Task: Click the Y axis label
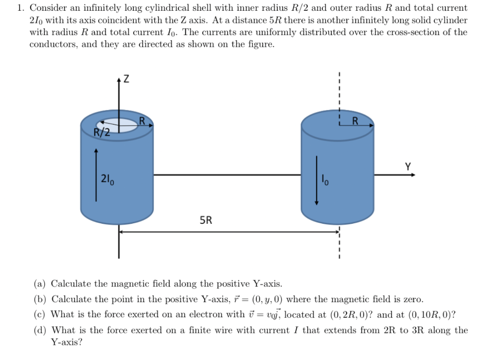408,167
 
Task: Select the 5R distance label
206,220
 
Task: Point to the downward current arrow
317,180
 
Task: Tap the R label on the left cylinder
142,120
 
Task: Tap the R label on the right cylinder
355,121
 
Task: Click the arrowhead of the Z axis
118,79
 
